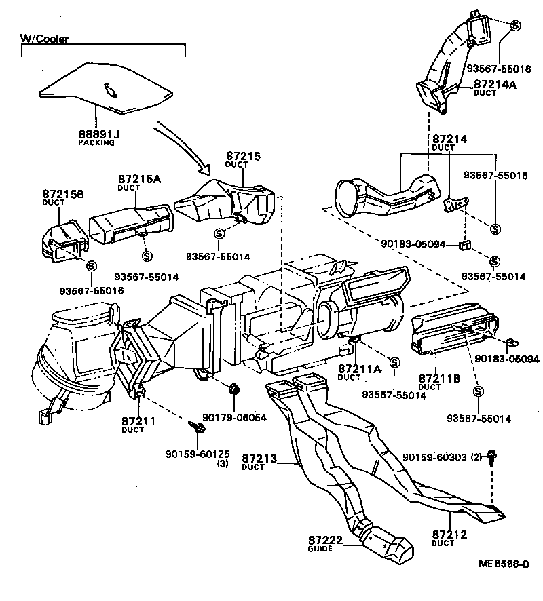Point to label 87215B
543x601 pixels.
[x=62, y=194]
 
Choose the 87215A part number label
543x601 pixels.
[x=139, y=180]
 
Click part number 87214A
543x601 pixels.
[x=495, y=84]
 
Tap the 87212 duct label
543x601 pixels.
[x=449, y=535]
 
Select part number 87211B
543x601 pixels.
[x=437, y=378]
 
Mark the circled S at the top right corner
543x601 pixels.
[x=515, y=25]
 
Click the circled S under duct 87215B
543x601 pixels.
[x=91, y=265]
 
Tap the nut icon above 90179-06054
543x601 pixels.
[x=234, y=389]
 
